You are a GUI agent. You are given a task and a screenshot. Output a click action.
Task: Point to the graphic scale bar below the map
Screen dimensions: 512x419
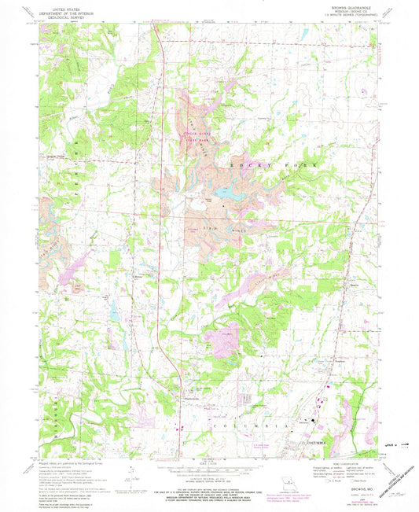click(x=208, y=474)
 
